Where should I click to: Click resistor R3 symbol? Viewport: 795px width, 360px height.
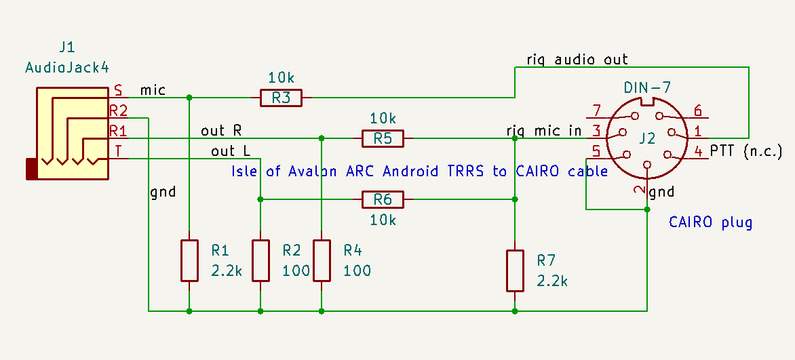pyautogui.click(x=281, y=98)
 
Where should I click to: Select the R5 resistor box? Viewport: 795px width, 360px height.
pyautogui.click(x=383, y=139)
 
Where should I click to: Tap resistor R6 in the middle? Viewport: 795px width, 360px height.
pyautogui.click(x=383, y=199)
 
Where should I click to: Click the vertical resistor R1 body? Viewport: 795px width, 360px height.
pyautogui.click(x=189, y=260)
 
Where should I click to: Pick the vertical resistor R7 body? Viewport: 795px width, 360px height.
pyautogui.click(x=515, y=271)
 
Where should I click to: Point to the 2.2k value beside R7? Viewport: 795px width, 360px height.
pyautogui.click(x=552, y=281)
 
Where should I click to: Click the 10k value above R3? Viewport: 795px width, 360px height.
pyautogui.click(x=282, y=78)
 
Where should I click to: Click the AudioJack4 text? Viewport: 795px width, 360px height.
pyautogui.click(x=67, y=67)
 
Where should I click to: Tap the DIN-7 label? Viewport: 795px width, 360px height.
pyautogui.click(x=646, y=88)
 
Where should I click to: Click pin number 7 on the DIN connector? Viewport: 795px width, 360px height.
pyautogui.click(x=597, y=111)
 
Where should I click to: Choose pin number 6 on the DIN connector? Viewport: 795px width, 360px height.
pyautogui.click(x=697, y=111)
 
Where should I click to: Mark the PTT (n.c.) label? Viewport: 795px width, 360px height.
pyautogui.click(x=746, y=151)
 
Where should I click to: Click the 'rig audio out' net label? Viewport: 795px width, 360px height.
pyautogui.click(x=577, y=60)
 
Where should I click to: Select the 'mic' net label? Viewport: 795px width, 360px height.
pyautogui.click(x=153, y=89)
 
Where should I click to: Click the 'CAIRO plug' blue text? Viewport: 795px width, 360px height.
pyautogui.click(x=710, y=222)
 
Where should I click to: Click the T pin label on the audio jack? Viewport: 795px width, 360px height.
pyautogui.click(x=118, y=151)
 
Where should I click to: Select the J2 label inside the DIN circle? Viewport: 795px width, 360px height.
pyautogui.click(x=647, y=139)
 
